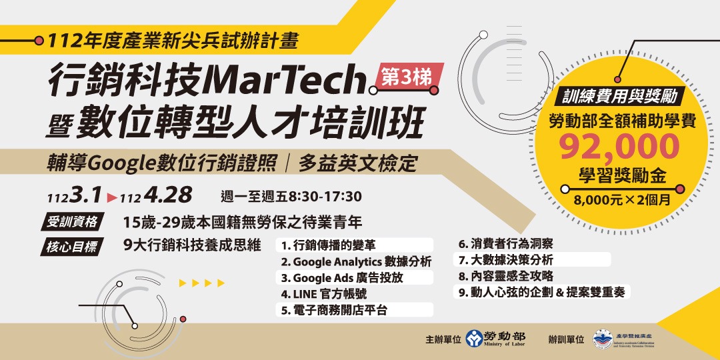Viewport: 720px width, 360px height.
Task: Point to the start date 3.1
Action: [86, 195]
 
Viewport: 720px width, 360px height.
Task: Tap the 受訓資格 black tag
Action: [71, 222]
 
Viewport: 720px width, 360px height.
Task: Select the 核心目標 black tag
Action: [71, 246]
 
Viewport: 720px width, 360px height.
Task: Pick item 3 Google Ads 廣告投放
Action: [342, 277]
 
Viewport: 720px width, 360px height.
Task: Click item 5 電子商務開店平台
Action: [334, 310]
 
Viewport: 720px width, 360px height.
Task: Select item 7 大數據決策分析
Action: [505, 260]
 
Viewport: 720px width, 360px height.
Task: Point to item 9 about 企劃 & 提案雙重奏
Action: [541, 292]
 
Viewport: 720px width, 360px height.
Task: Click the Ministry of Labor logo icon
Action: [474, 339]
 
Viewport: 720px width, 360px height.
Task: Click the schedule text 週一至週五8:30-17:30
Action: [291, 197]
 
